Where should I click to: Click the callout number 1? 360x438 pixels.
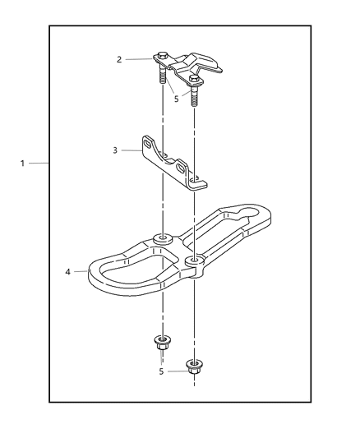click(23, 164)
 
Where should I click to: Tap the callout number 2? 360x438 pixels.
click(119, 59)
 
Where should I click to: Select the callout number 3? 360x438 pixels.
click(115, 150)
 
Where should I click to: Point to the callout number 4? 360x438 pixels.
click(68, 271)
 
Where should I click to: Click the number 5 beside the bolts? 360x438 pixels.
click(176, 99)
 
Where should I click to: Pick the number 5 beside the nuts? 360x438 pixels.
click(161, 371)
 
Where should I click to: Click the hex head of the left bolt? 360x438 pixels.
click(162, 55)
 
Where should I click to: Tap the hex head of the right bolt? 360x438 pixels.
click(194, 78)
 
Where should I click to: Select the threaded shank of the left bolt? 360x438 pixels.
click(162, 75)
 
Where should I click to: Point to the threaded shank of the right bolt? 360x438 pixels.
click(194, 97)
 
